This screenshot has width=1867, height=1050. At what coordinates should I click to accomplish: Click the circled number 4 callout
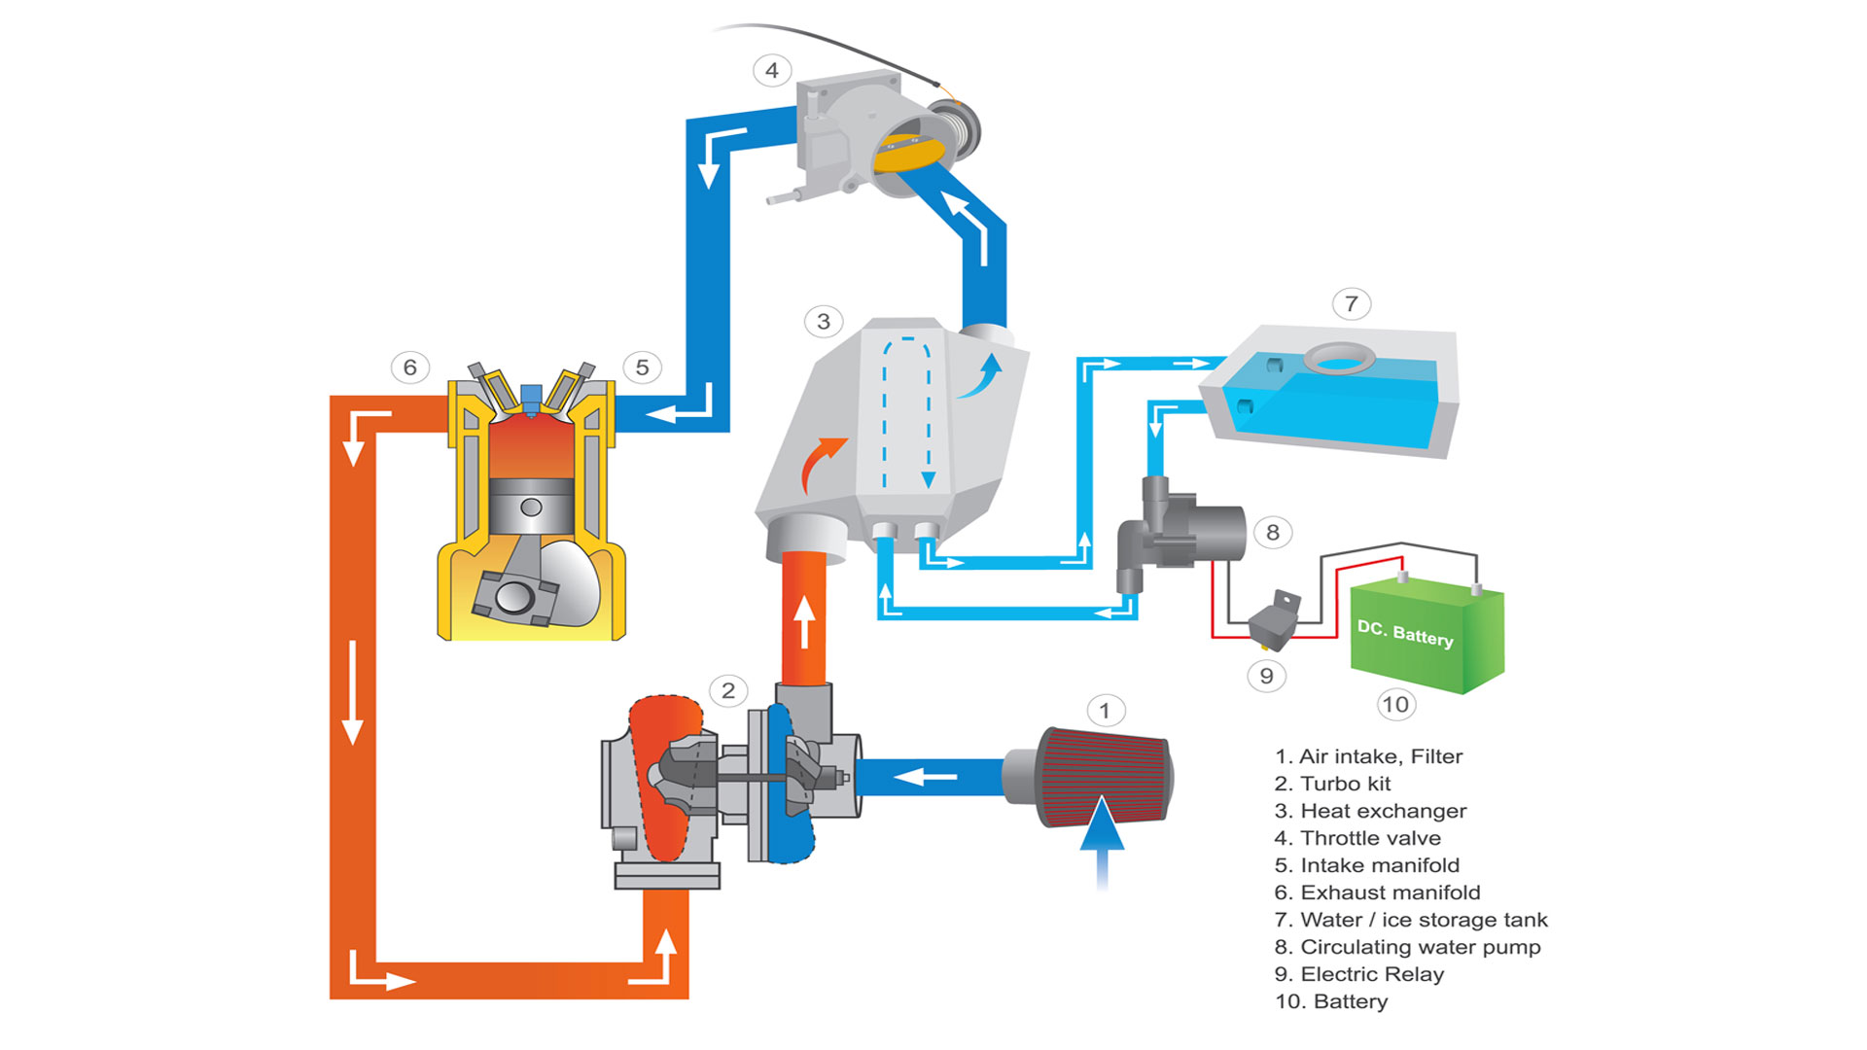click(772, 70)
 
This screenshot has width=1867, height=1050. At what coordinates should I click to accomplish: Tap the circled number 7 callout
click(1351, 304)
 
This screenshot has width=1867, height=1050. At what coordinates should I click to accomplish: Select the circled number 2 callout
click(728, 691)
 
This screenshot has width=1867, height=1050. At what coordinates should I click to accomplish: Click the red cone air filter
click(1104, 775)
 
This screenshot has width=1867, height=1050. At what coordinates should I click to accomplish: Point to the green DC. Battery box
click(1426, 636)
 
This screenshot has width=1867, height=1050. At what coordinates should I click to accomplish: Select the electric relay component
click(1273, 622)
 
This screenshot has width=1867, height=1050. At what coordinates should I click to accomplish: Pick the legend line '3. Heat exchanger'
click(1369, 811)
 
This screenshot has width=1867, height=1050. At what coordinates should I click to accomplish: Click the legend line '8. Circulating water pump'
click(1407, 947)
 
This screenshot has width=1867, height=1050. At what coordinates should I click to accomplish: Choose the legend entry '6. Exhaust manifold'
click(1377, 892)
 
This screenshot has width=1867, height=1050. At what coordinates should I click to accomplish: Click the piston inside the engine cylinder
click(531, 507)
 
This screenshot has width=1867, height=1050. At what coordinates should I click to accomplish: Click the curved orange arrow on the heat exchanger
click(820, 464)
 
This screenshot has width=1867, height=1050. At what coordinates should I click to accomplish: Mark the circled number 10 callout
click(1394, 705)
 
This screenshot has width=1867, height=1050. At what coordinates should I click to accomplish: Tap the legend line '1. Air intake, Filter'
click(1368, 756)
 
